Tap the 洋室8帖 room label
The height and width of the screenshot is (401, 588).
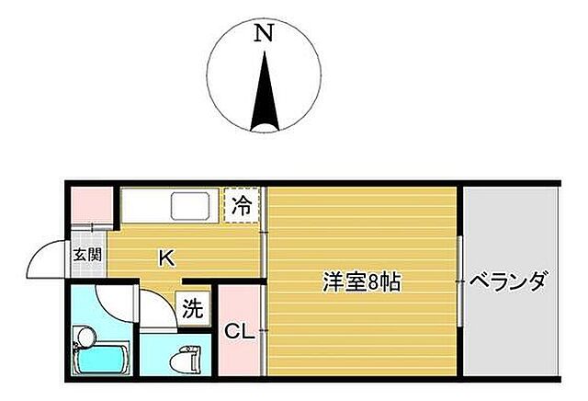point(361,281)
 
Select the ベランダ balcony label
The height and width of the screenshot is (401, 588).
point(508,281)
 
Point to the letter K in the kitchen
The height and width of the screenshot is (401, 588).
point(165,258)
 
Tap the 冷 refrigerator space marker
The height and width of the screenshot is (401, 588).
point(242,205)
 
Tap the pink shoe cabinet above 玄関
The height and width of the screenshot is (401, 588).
point(91,203)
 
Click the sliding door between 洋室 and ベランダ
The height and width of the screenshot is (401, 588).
point(459,281)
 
